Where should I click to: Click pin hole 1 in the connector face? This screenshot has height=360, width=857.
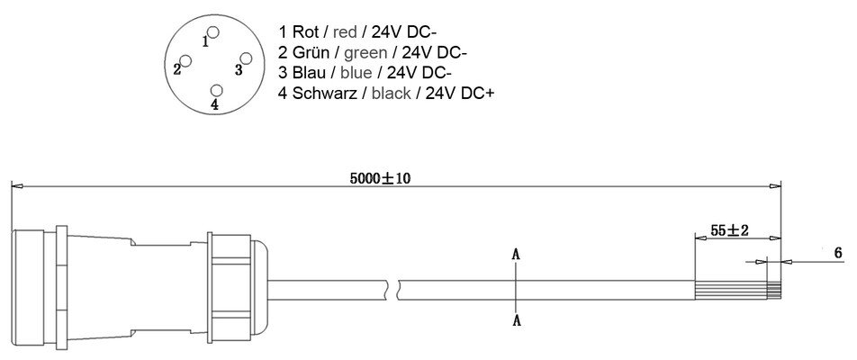tap(213, 32)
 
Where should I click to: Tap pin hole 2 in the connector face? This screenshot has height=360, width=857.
tap(185, 60)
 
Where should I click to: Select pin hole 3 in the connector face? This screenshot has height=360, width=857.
tap(246, 59)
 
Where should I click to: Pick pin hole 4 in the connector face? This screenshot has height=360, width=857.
tap(217, 91)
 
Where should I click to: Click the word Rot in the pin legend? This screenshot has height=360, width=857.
tap(305, 31)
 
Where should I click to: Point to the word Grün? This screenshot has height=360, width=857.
tap(311, 52)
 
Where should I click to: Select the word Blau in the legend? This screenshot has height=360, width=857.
tap(309, 72)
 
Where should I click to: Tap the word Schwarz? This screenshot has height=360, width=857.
tap(323, 93)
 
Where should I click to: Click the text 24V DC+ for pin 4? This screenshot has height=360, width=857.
tap(460, 93)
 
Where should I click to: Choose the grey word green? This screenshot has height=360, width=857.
tap(365, 53)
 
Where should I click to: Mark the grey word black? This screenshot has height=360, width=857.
tap(392, 93)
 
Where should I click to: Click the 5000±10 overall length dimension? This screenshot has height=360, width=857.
tap(381, 178)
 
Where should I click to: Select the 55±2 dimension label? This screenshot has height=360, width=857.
tap(730, 230)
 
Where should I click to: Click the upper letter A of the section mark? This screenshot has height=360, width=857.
tap(516, 254)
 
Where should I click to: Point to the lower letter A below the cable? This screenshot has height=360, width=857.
tap(517, 320)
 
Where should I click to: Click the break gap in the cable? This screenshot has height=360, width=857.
tap(394, 290)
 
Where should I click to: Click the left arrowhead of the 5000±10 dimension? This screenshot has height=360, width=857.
tap(17, 186)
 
